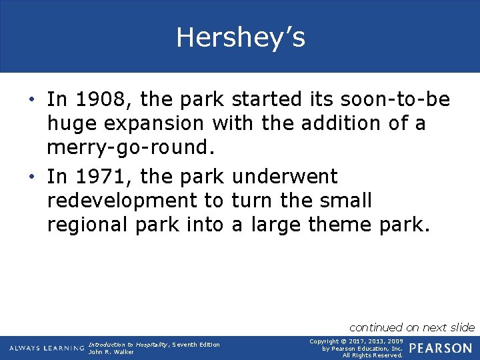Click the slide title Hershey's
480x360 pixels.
coord(240,37)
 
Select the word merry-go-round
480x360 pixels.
coord(127,148)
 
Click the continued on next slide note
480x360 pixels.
coord(411,327)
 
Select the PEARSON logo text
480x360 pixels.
coord(441,348)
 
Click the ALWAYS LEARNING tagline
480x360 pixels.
coord(47,348)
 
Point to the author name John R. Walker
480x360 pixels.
coord(111,352)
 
